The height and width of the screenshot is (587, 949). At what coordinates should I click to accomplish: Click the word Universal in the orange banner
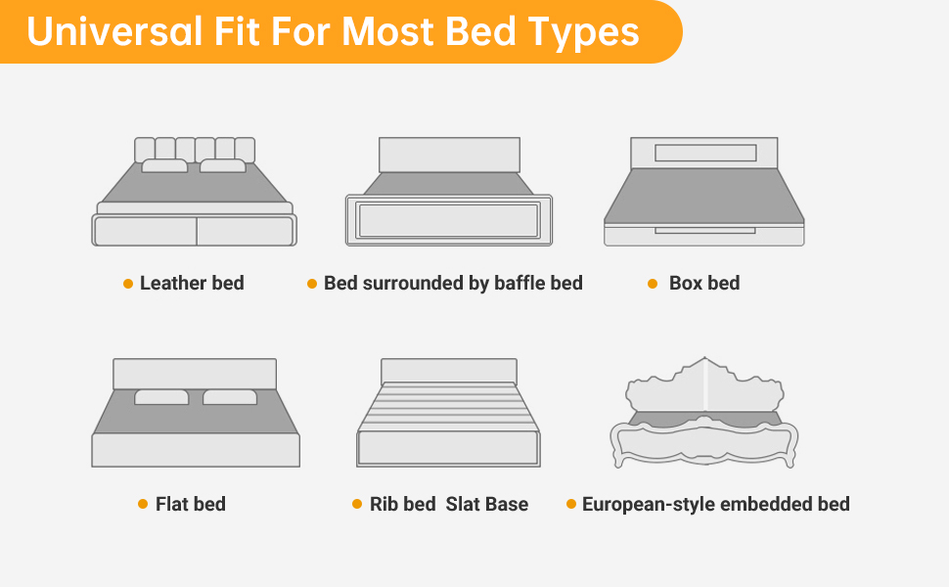point(114,32)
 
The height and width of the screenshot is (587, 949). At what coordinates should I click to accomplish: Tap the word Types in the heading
point(583,33)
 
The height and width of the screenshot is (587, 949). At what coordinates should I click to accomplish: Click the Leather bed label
point(192,283)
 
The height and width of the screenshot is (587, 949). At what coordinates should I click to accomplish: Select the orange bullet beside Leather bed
point(128,284)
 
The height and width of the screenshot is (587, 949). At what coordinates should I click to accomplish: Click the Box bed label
point(704,283)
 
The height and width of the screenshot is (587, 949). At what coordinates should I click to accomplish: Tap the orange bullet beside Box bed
point(653,284)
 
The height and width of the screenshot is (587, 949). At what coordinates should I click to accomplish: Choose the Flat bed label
point(191,504)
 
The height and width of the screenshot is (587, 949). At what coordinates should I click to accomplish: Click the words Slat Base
point(487,504)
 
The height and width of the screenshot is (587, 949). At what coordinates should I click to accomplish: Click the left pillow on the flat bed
point(161,397)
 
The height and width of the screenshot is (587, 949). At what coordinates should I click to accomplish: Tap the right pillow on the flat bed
point(230,397)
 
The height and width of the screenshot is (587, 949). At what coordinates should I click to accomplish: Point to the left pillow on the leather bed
point(164,165)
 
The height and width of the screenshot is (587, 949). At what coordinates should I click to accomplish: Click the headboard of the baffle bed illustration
point(450,155)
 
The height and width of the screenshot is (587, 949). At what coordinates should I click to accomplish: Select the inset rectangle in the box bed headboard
point(705,153)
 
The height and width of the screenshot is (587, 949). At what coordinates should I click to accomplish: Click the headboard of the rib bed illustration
point(449,371)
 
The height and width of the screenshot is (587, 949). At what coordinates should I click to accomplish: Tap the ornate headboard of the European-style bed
point(705,387)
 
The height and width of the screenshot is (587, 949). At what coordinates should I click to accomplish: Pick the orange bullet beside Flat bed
point(143,504)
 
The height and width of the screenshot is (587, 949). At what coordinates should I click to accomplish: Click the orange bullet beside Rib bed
point(357,504)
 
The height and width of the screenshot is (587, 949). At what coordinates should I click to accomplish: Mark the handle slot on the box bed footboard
point(705,231)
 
